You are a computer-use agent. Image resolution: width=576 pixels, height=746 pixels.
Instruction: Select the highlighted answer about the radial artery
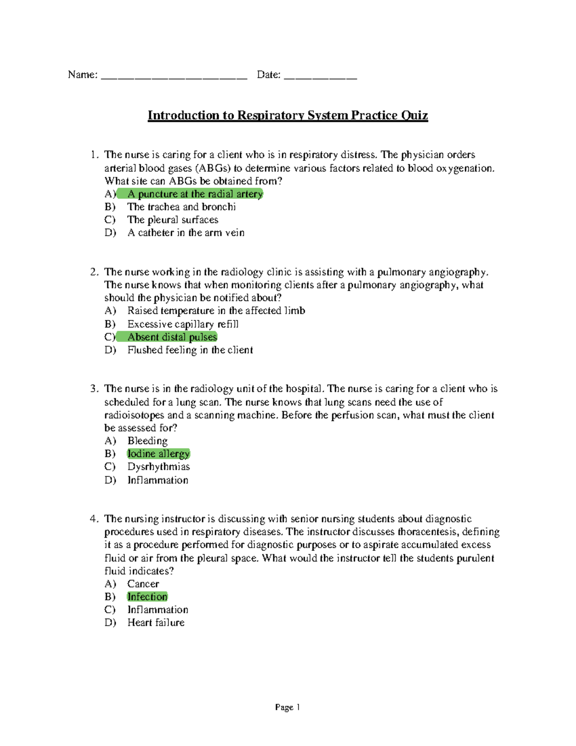(x=195, y=194)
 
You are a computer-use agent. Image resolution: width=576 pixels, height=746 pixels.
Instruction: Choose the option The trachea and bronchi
(x=181, y=207)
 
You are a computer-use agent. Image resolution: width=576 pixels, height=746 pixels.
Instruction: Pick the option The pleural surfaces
(x=173, y=220)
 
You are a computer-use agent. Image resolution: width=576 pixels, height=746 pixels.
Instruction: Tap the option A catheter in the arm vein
(x=186, y=233)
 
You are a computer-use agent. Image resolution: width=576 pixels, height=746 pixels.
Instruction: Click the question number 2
(x=94, y=272)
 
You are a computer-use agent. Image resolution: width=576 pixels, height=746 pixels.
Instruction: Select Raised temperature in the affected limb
(x=216, y=311)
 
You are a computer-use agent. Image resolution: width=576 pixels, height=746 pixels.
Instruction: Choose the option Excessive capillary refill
(x=183, y=324)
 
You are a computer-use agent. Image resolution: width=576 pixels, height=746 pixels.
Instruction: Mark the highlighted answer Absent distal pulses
(x=172, y=337)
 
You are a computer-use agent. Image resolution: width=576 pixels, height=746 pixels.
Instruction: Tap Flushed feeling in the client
(x=190, y=350)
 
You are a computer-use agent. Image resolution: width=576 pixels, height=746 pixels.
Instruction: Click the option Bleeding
(x=147, y=441)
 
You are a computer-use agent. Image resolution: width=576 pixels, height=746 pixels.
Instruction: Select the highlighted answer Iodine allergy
(x=158, y=454)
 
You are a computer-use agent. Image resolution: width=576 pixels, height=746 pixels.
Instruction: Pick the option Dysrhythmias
(x=158, y=467)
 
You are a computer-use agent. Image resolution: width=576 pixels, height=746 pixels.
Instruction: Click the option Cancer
(x=143, y=584)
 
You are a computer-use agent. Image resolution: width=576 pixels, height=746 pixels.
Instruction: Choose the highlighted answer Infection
(x=147, y=597)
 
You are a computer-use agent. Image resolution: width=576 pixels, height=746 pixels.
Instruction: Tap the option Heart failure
(x=156, y=623)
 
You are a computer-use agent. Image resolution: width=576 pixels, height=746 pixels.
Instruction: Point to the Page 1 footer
(x=288, y=707)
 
